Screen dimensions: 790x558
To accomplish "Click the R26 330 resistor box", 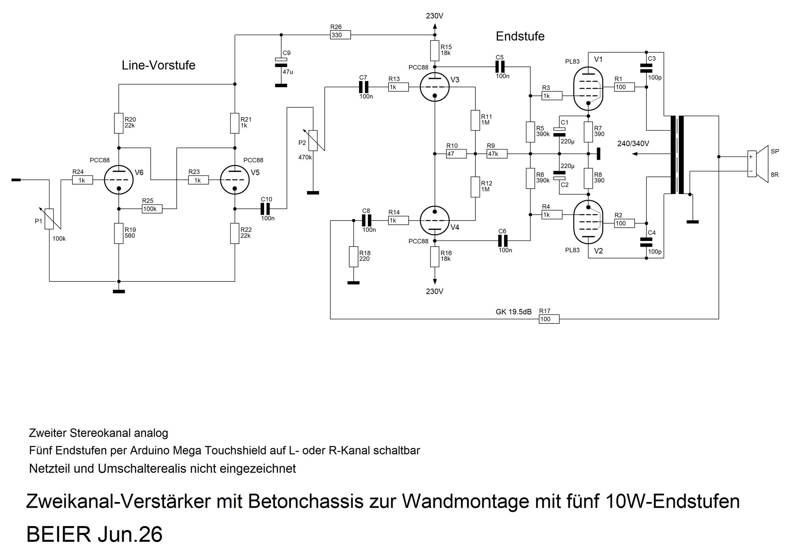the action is click(340, 35).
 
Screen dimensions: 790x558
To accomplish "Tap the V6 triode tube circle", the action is click(119, 180).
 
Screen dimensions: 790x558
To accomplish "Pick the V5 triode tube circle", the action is click(235, 180).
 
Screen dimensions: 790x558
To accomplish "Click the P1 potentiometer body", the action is click(50, 219).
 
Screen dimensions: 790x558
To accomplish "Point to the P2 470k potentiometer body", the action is click(313, 140).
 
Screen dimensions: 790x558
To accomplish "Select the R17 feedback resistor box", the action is click(549, 319).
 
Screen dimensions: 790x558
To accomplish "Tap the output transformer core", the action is click(677, 155).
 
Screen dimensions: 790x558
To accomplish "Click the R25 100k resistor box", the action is click(152, 208).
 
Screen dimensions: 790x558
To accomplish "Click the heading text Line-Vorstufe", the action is click(158, 65).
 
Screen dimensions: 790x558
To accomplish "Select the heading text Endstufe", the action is click(520, 36).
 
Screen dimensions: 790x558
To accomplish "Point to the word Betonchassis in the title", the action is click(305, 502).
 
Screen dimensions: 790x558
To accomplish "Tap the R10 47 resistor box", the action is click(456, 154).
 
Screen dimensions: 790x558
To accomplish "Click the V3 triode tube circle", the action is click(435, 87).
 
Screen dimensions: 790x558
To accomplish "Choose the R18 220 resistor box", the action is click(353, 257).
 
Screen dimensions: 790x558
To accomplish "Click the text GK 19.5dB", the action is click(514, 312).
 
